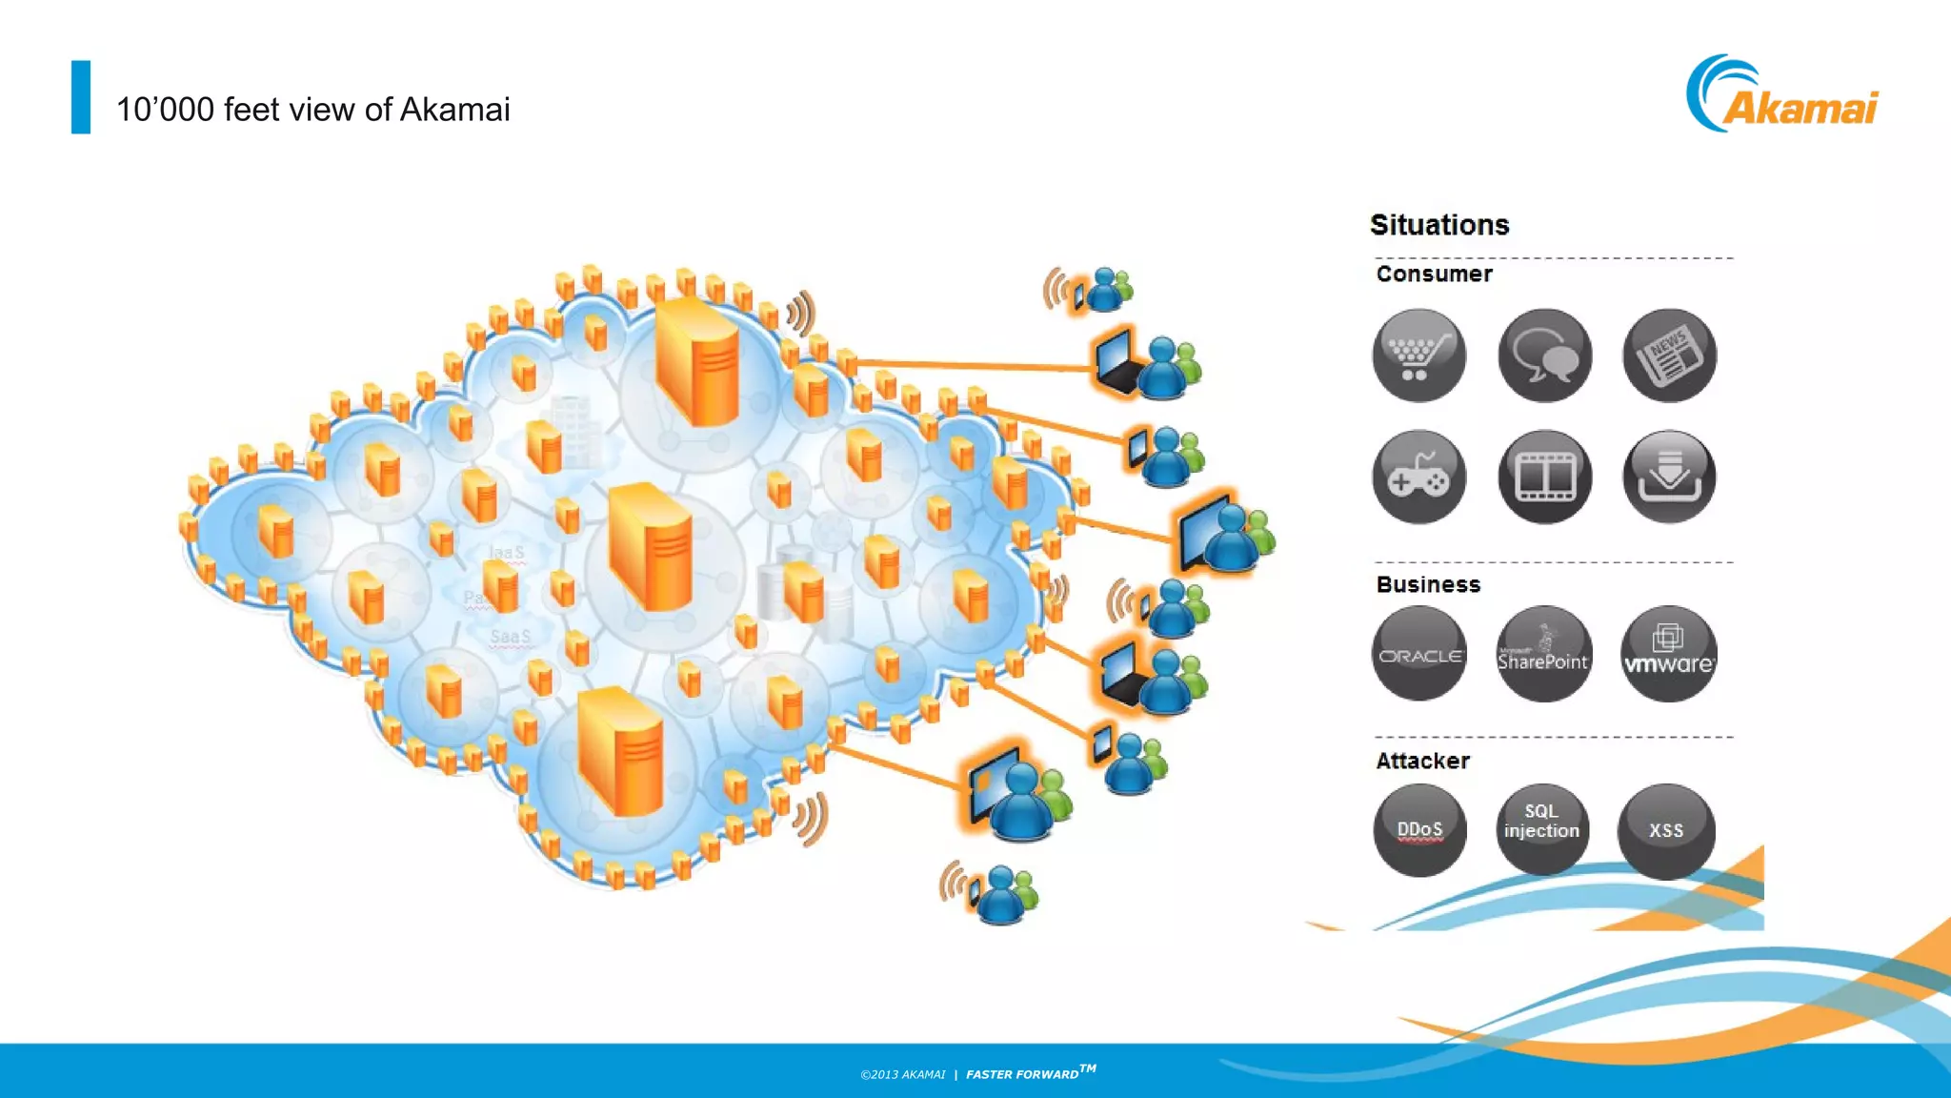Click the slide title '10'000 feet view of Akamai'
tap(312, 110)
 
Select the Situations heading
tap(1439, 225)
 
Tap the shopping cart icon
tap(1419, 356)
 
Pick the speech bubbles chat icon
tap(1544, 356)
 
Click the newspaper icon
tap(1669, 356)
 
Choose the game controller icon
tap(1419, 477)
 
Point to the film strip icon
tap(1544, 477)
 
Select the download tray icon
tap(1669, 477)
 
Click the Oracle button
tap(1419, 655)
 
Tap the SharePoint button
tap(1543, 655)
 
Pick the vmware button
tap(1668, 655)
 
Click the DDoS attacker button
tap(1419, 829)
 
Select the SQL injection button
tap(1542, 827)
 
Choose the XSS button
tap(1666, 830)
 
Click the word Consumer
tap(1434, 274)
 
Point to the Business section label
tap(1428, 584)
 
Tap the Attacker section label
tap(1422, 761)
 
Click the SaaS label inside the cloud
tap(510, 637)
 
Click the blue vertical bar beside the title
tap(81, 97)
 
